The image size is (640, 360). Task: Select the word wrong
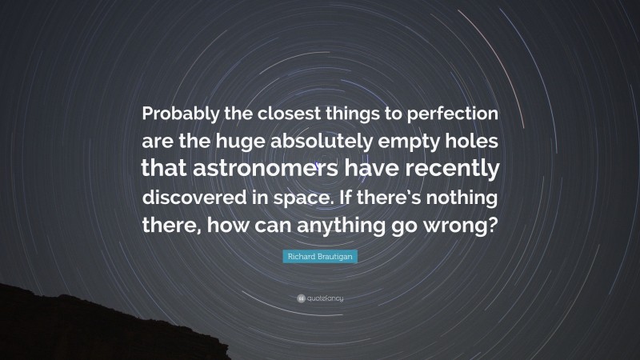point(466,225)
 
